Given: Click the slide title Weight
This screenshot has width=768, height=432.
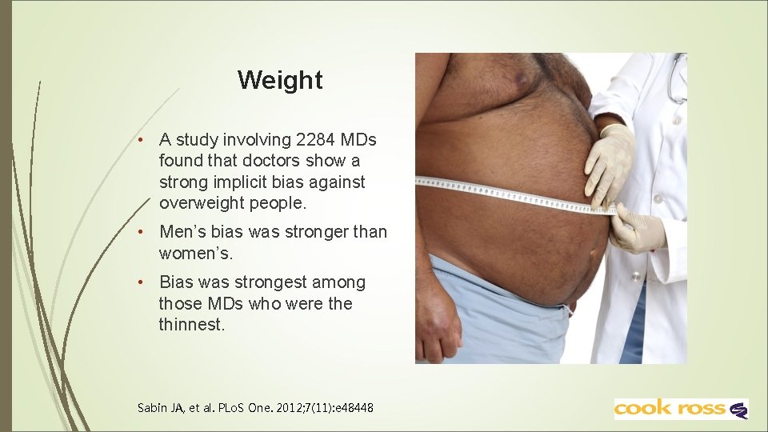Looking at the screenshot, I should [x=280, y=80].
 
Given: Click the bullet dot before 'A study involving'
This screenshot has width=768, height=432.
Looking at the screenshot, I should [x=140, y=140].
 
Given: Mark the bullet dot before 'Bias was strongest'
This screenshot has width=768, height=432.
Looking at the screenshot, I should [x=140, y=282].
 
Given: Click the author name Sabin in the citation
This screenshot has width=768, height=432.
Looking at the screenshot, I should [x=151, y=408].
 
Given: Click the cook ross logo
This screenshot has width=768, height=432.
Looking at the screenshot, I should [x=681, y=409].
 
